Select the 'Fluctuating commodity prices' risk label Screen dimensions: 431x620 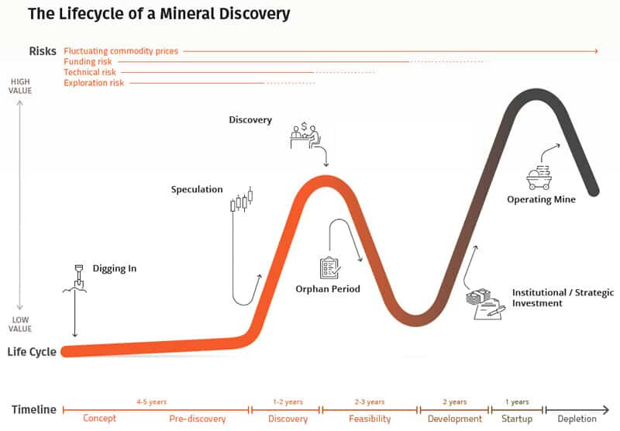(x=121, y=51)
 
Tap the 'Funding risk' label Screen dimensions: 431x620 (x=88, y=61)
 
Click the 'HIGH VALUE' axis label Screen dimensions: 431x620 (x=21, y=86)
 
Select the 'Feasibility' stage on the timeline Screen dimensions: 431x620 (x=370, y=419)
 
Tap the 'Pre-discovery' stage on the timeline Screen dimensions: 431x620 (x=198, y=419)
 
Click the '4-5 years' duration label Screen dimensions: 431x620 (x=150, y=402)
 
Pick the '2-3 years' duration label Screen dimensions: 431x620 (x=369, y=402)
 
